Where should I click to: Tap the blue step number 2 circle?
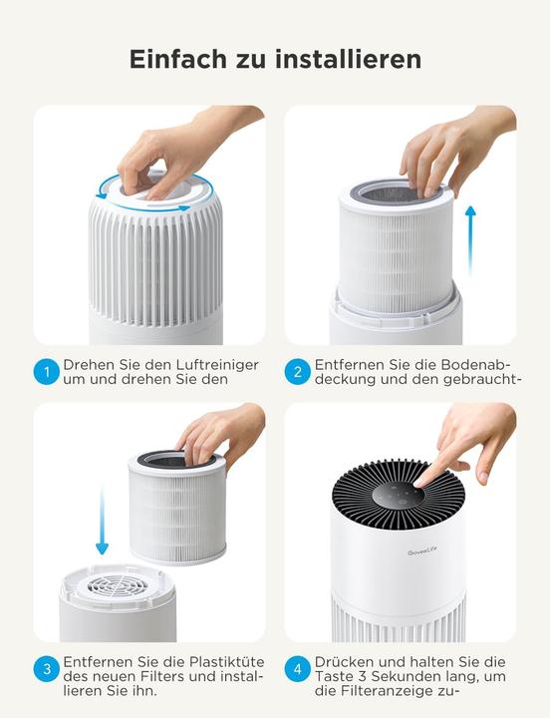click(297, 372)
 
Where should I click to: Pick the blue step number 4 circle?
click(297, 669)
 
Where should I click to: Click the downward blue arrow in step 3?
click(102, 518)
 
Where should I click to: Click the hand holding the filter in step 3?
click(221, 431)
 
